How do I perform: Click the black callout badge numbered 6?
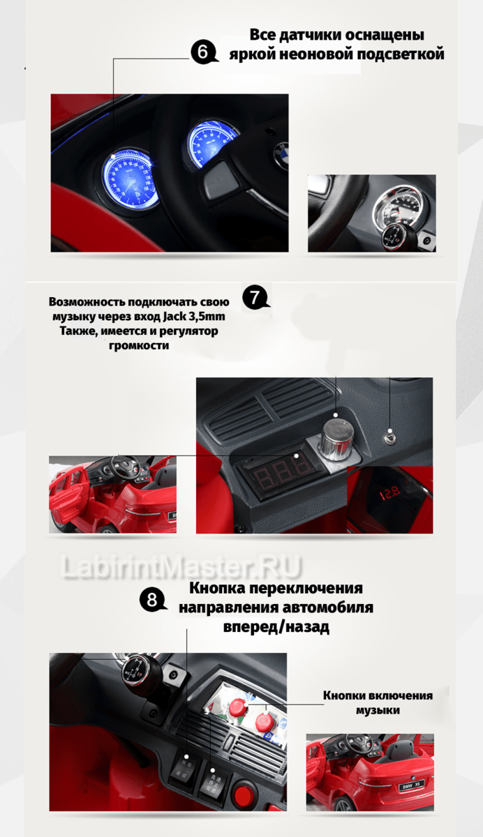click(203, 52)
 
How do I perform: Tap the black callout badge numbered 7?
click(255, 297)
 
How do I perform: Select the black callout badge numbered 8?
click(151, 599)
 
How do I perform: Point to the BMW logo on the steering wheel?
click(281, 153)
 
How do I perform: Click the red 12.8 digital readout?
click(390, 493)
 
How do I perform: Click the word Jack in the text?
click(175, 317)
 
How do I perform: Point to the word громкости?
click(139, 345)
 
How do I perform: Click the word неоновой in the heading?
click(317, 54)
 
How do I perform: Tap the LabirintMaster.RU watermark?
click(181, 567)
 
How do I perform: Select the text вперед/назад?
click(276, 626)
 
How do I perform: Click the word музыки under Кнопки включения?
click(378, 710)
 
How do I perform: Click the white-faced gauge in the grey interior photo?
click(398, 206)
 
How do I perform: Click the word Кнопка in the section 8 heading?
click(217, 588)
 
